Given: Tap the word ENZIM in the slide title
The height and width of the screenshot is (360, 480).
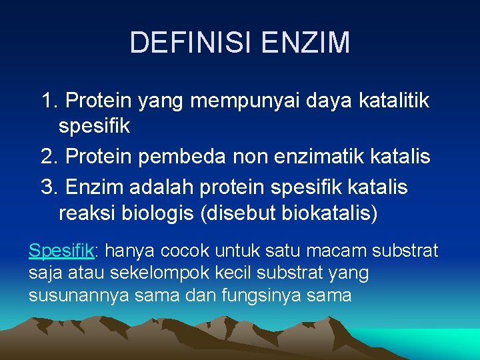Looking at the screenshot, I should point(306,42).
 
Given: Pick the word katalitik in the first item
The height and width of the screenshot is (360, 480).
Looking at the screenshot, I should point(394,101).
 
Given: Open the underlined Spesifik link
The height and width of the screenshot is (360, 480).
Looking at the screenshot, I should point(61,251).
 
